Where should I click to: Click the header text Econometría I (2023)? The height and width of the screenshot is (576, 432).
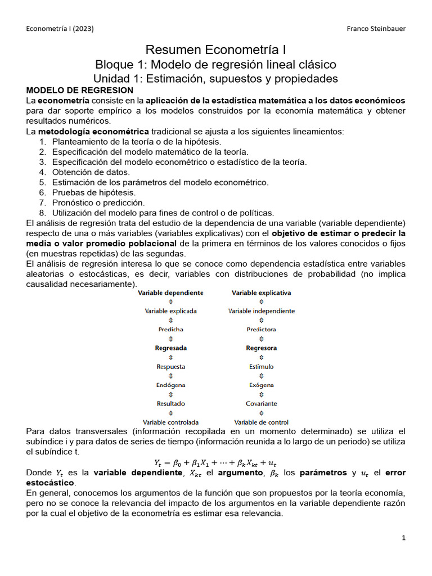click(x=61, y=29)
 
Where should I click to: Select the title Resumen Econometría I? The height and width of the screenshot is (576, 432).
click(x=215, y=50)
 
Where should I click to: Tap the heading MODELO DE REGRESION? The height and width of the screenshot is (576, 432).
click(x=80, y=90)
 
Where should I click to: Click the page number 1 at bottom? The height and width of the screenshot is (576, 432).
click(x=403, y=538)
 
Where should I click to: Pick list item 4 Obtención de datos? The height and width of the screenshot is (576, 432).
click(x=91, y=172)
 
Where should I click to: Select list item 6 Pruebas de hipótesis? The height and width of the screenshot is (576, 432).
click(x=94, y=192)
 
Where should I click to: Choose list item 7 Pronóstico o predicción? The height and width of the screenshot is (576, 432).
click(x=98, y=202)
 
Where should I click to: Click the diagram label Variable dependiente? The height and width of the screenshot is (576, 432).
click(x=171, y=292)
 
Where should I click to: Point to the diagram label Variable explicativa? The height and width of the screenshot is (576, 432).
click(x=262, y=292)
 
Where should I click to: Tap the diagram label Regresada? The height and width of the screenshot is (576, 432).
click(x=171, y=348)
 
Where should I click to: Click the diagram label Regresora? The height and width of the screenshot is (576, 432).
click(x=262, y=348)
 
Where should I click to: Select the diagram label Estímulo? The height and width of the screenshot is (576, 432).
click(x=262, y=366)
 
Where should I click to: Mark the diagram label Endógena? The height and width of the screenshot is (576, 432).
click(x=171, y=385)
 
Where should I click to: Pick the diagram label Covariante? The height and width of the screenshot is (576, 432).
click(x=262, y=403)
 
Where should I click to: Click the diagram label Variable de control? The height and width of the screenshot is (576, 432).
click(x=262, y=422)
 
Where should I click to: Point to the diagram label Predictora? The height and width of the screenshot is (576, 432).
click(x=262, y=329)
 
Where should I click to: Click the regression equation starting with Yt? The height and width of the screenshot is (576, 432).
click(x=215, y=462)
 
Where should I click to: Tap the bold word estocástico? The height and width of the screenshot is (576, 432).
click(x=50, y=483)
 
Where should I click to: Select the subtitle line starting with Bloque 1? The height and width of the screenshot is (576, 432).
click(x=215, y=64)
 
